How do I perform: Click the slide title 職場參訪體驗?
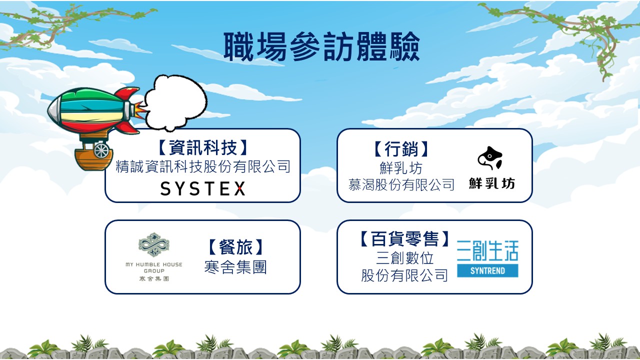pos(321,46)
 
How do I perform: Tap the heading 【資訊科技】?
pos(202,147)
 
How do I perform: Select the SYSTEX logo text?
pos(203,188)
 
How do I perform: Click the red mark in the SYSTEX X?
pos(240,188)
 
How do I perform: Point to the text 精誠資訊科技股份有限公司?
pos(203,166)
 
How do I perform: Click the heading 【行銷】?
pos(401,149)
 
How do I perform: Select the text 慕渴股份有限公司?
pos(401,184)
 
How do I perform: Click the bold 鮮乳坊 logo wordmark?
pos(491,183)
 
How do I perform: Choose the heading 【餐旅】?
pos(235,247)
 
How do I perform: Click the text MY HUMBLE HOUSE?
pos(153,264)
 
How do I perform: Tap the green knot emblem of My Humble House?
pos(153,244)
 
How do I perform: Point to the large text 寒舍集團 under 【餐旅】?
pos(235,267)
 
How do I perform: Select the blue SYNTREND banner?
pos(487,270)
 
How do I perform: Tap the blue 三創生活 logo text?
pos(487,250)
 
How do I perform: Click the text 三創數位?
pos(404,258)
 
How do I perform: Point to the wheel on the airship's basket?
pos(101,150)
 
